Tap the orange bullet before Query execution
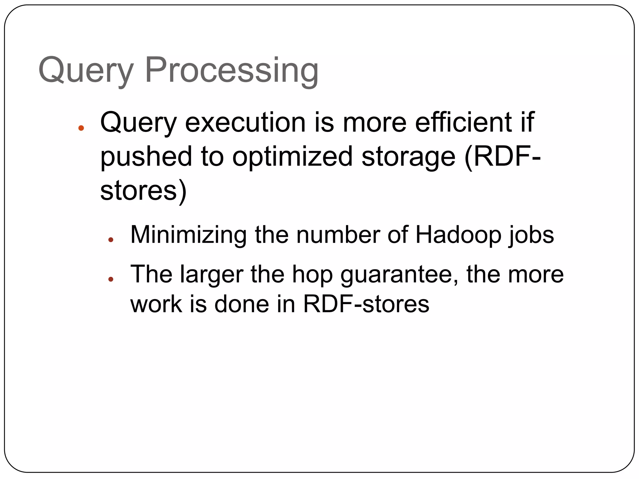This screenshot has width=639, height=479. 81,128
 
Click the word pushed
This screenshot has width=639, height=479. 146,157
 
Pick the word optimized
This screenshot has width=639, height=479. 292,157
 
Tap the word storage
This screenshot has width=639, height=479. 408,157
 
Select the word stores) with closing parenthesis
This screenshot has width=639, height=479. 143,191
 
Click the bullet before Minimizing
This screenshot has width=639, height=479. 110,239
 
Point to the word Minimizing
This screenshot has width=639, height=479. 188,235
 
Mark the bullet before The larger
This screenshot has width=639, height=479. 110,279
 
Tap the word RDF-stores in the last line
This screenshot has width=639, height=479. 366,304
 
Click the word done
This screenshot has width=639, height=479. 241,304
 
